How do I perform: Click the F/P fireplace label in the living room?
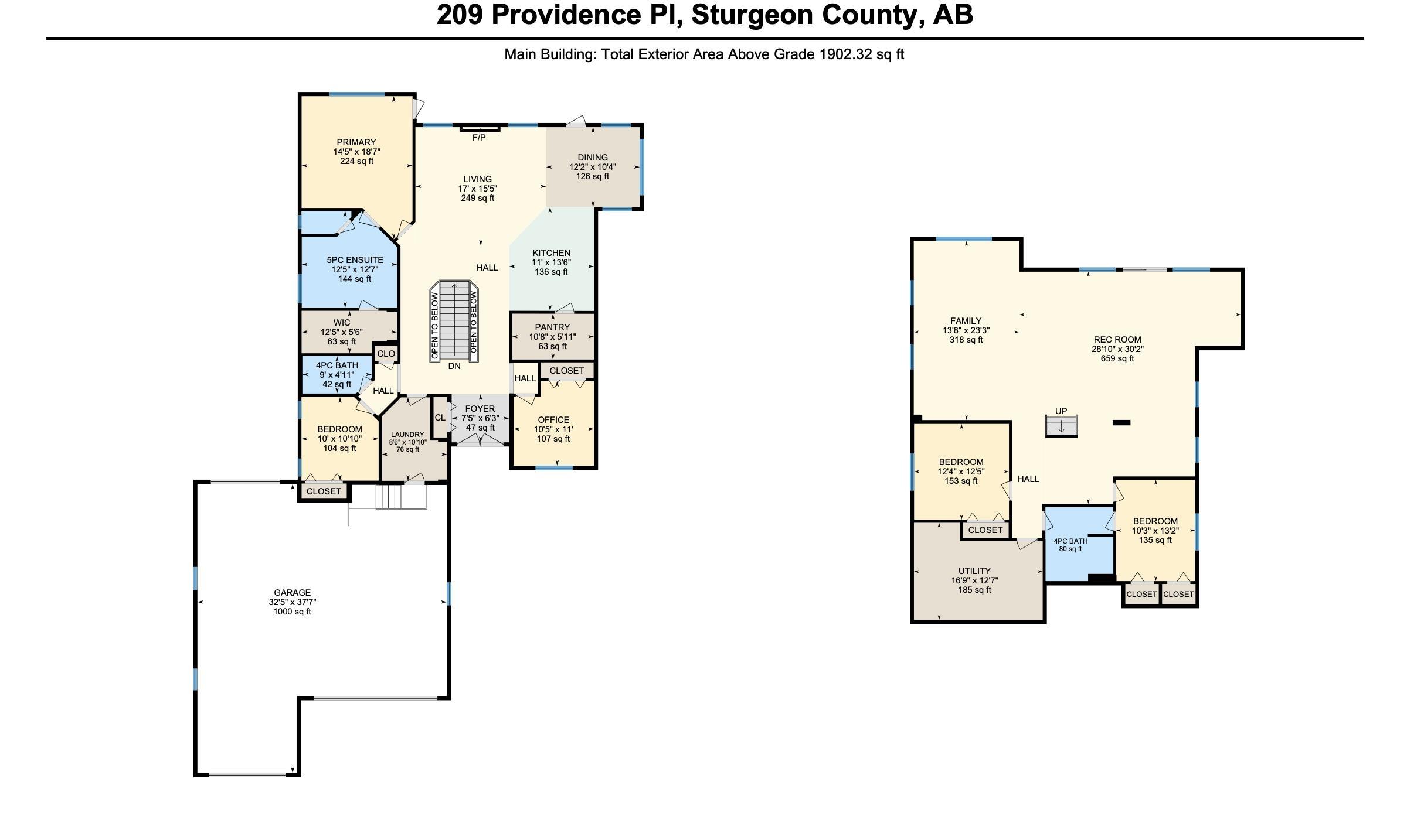pos(479,138)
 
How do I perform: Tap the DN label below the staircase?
pos(454,366)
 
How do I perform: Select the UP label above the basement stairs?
pos(1061,411)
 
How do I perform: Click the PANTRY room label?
pos(552,327)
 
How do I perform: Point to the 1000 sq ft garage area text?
pos(292,612)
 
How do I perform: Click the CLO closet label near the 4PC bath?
pos(386,354)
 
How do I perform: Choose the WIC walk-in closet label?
pos(342,323)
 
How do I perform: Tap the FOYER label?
pos(480,409)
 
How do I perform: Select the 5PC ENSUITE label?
pos(355,260)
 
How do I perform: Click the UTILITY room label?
pos(974,571)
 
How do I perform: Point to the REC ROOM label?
pos(1117,340)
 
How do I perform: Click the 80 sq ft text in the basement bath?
pos(1070,549)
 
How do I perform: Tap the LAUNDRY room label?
pos(407,435)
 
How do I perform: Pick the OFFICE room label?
pos(553,420)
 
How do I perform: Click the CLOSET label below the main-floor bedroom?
pos(324,491)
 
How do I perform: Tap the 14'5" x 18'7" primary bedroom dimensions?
pos(356,152)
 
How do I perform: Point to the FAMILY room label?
pos(966,321)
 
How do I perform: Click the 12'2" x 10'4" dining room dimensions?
pos(592,167)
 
